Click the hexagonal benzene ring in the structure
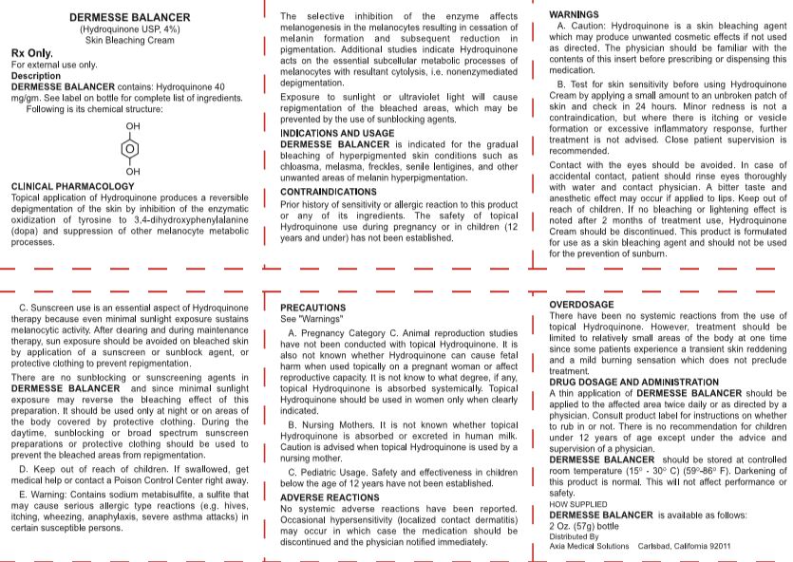[x=132, y=148]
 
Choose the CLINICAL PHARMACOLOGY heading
[x=72, y=186]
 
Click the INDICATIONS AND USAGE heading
[x=337, y=133]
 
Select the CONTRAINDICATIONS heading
[x=329, y=192]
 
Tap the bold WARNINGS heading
[x=574, y=14]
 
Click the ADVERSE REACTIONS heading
[x=330, y=497]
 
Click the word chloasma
[x=301, y=164]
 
